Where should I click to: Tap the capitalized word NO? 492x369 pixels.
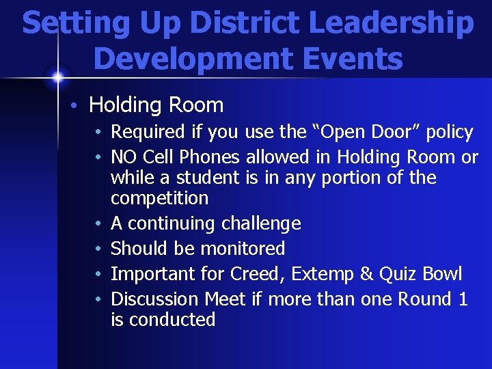coord(123,157)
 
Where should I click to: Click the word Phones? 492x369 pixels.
coord(209,157)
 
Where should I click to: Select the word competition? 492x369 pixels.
coord(159,199)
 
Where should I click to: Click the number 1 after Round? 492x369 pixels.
coord(463,299)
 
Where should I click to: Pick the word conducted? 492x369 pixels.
coord(172,320)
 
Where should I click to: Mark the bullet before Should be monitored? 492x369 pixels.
coord(99,249)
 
